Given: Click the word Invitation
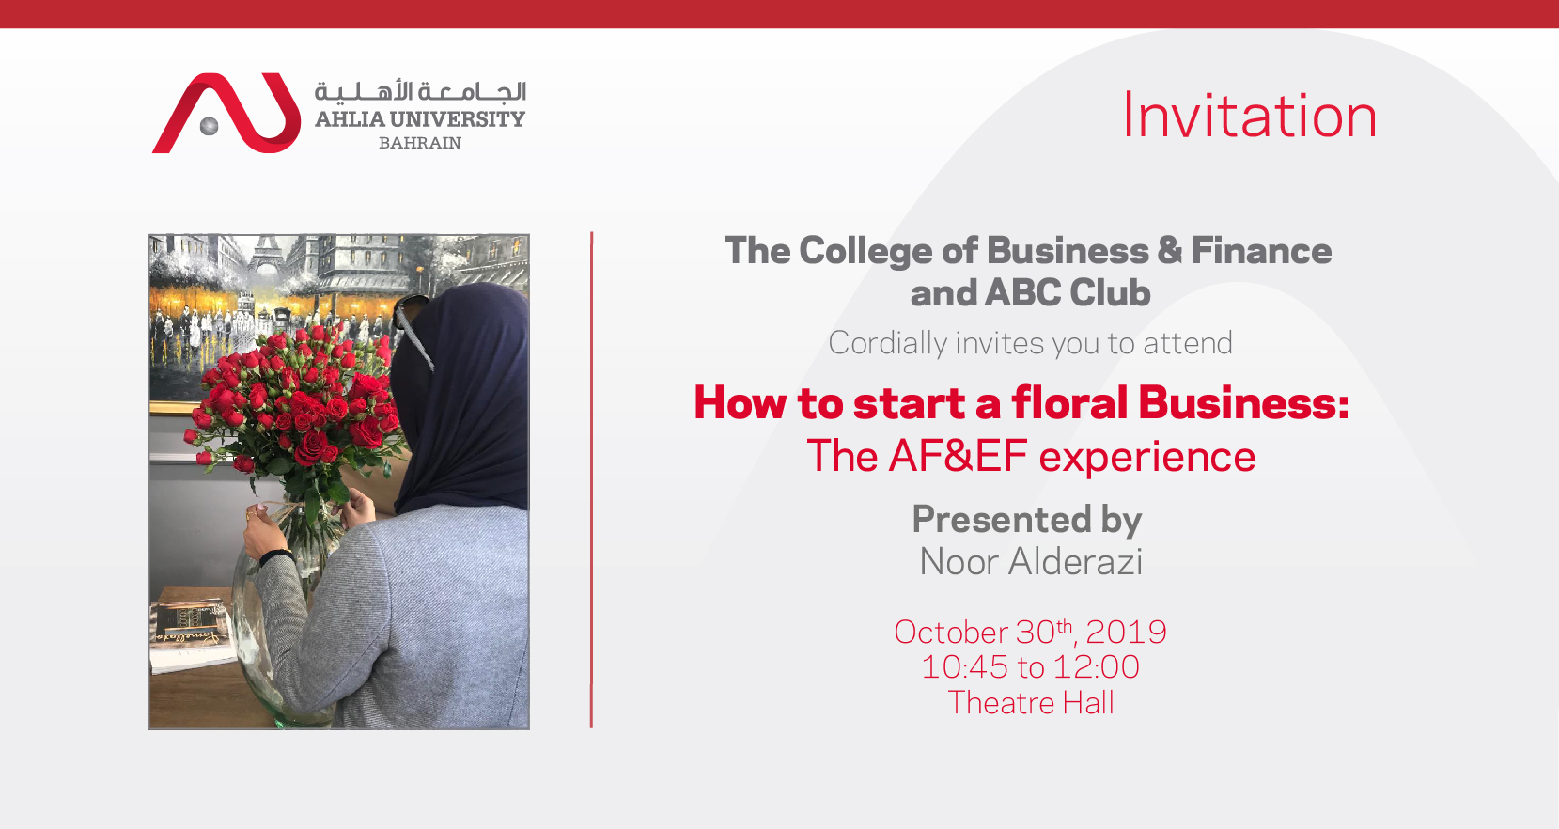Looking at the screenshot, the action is coord(1249,116).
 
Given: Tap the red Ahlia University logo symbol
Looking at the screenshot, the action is coord(226,113).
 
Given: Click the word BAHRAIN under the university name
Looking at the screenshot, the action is coord(420,143).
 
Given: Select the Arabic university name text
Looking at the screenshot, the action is coord(420,92).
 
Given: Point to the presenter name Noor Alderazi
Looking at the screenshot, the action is coord(1031,562).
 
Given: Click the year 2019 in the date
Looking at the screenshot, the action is coord(1126,632).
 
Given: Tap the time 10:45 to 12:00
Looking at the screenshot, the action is coord(1030,666).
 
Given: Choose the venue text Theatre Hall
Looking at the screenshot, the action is coord(1031,702).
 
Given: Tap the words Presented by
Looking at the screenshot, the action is coord(1027,520).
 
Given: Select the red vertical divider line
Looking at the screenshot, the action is coord(592,480).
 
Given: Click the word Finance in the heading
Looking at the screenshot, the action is coord(1262,251).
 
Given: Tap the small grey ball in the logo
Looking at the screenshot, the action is coord(210,126).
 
